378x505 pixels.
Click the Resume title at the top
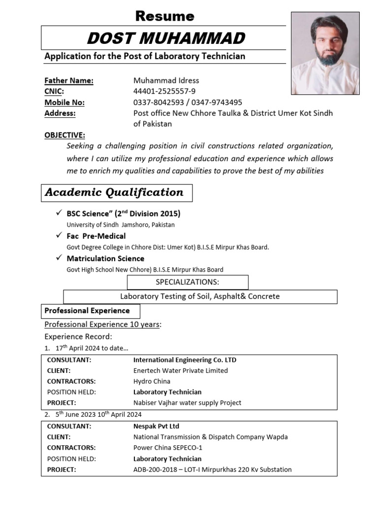(x=165, y=16)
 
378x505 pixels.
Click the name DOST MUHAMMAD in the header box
(x=165, y=38)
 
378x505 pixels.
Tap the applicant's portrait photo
(x=325, y=53)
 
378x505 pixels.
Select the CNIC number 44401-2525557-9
(x=164, y=91)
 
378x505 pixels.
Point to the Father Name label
(x=69, y=80)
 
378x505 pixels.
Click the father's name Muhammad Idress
(x=166, y=80)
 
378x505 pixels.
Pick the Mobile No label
(x=64, y=102)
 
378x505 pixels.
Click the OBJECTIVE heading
(x=64, y=135)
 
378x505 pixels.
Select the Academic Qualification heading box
(x=117, y=193)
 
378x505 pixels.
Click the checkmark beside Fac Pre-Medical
(x=59, y=236)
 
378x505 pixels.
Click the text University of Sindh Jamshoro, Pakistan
(x=121, y=224)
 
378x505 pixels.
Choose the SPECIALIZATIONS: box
(x=188, y=282)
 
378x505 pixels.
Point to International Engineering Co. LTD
(x=185, y=360)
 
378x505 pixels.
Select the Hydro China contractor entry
(x=152, y=381)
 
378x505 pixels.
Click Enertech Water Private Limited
(x=181, y=370)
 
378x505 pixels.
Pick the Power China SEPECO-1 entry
(x=168, y=448)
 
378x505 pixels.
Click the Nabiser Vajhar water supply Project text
(x=187, y=402)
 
